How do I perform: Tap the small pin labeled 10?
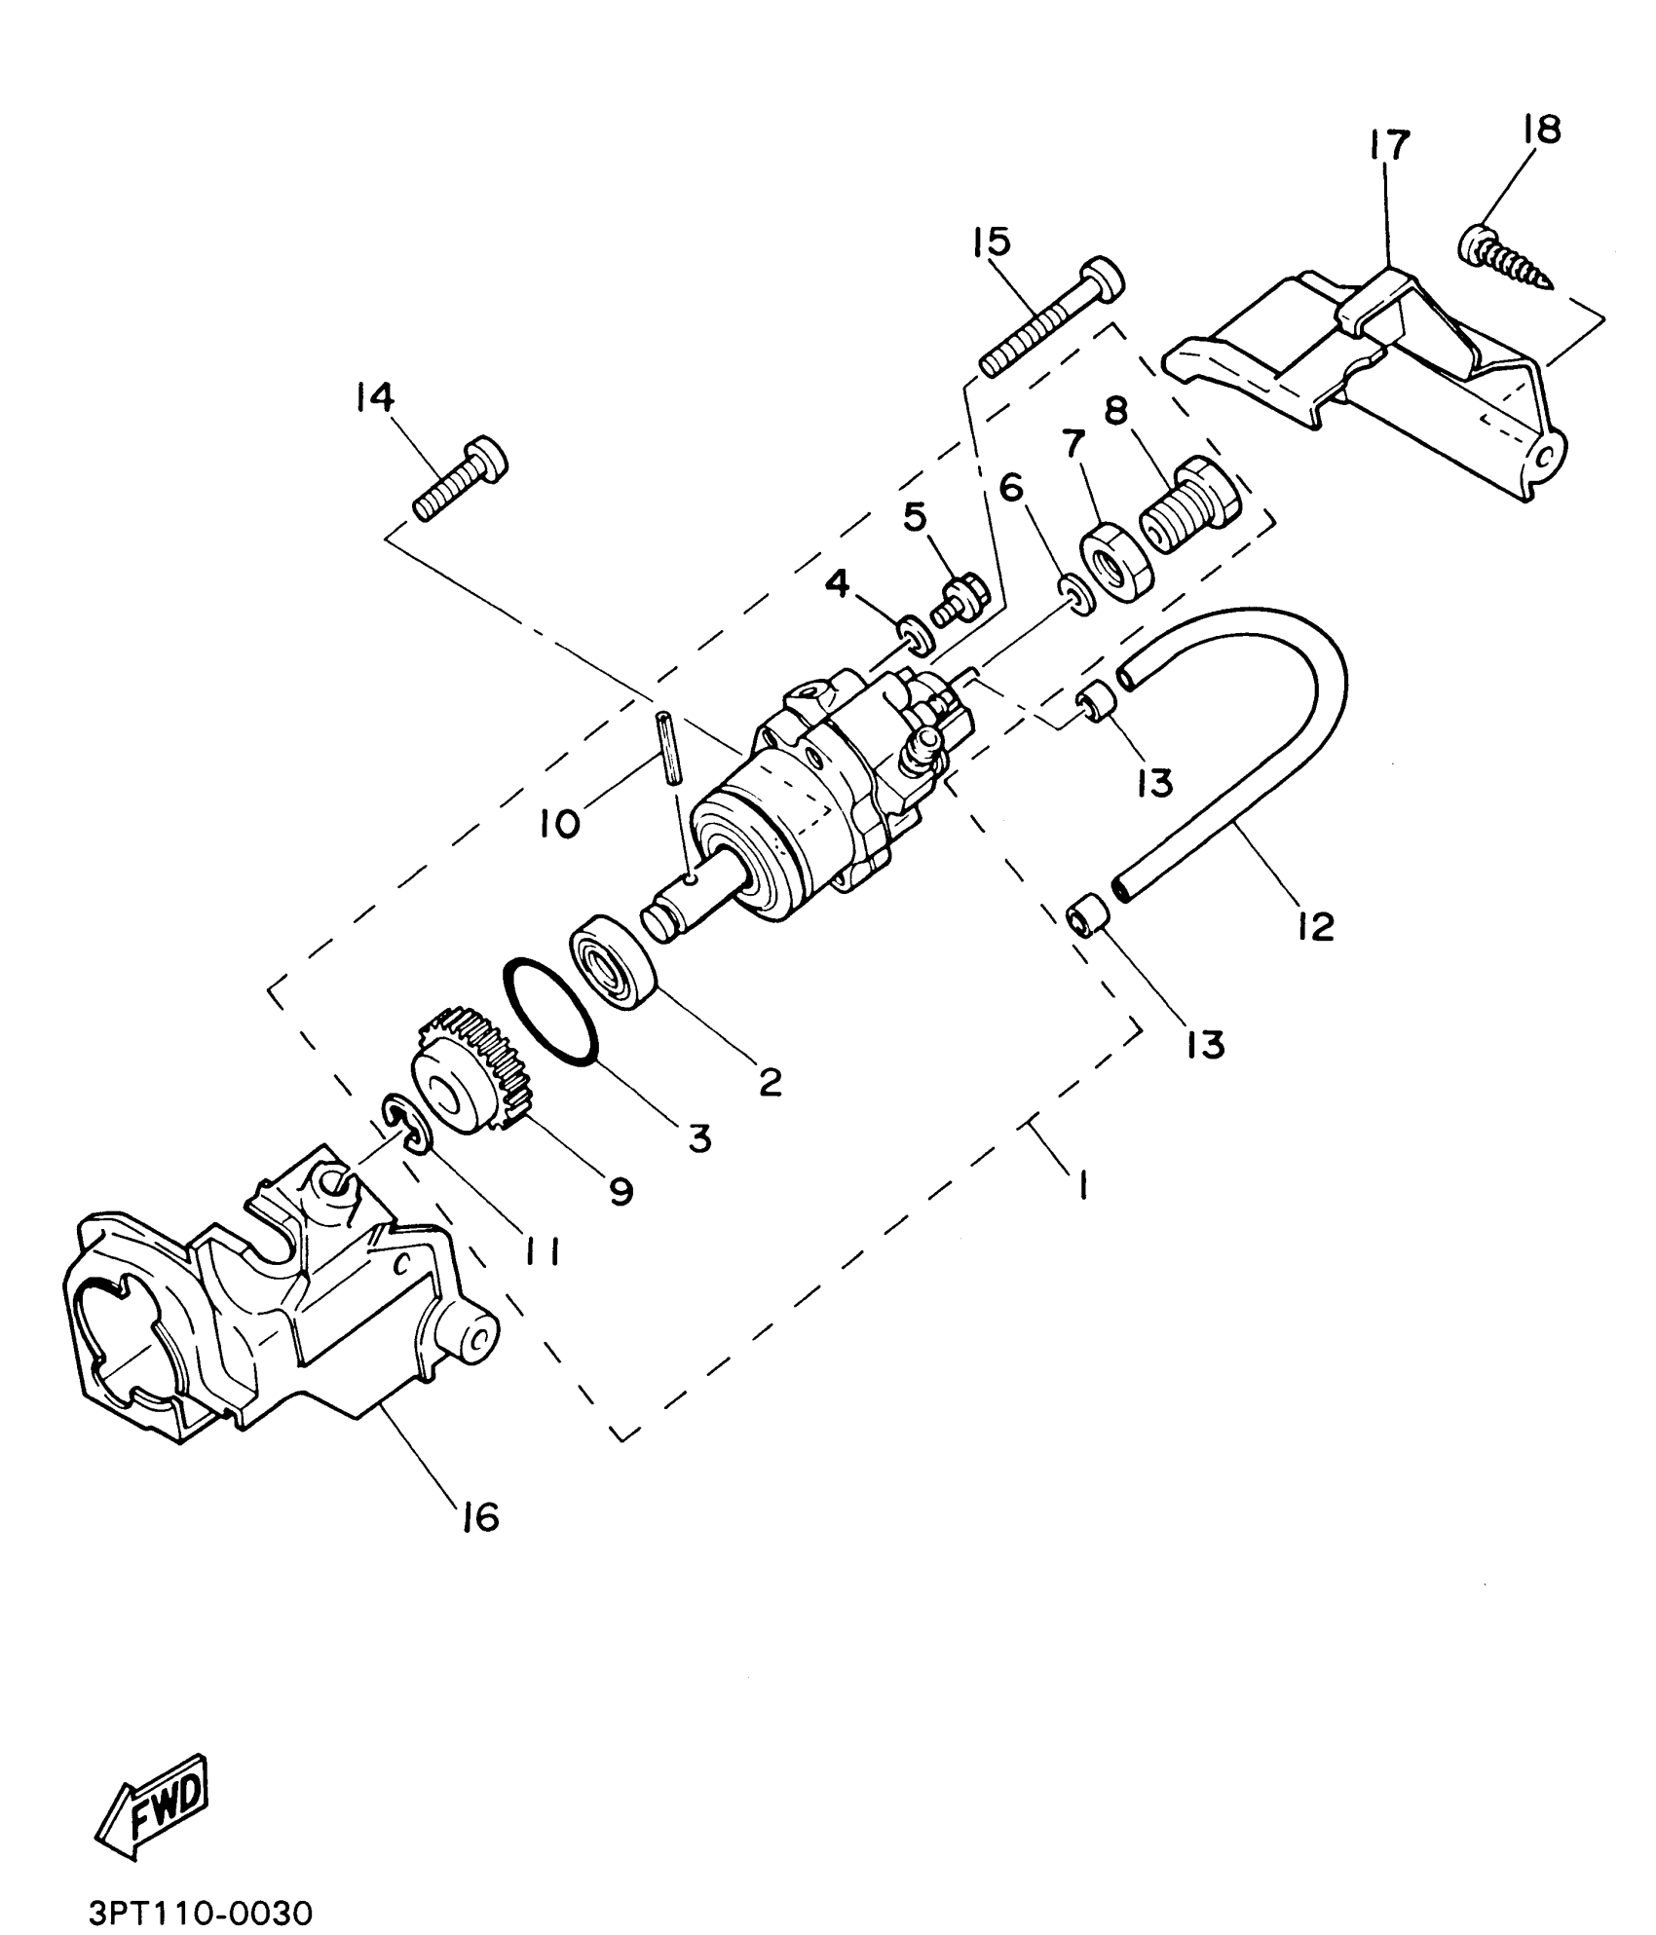point(670,746)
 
